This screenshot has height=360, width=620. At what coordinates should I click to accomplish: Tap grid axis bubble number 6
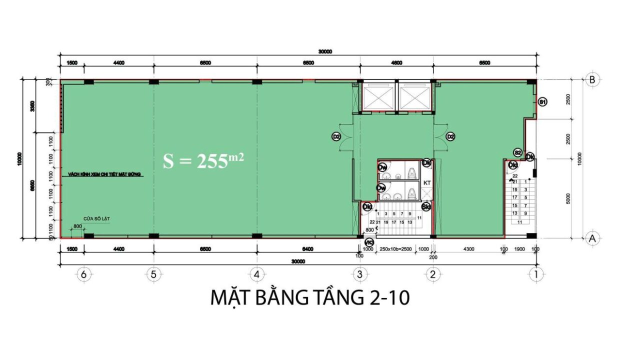[x=84, y=274]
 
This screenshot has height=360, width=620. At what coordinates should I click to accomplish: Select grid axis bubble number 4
[x=256, y=274]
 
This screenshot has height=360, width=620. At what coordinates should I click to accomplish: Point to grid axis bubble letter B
[x=592, y=79]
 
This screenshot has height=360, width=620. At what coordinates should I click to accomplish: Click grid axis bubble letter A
[x=592, y=238]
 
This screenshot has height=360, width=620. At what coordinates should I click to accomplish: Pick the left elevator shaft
[x=378, y=96]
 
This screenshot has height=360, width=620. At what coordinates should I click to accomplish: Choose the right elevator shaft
[x=414, y=96]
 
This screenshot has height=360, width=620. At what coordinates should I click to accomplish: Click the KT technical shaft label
[x=427, y=183]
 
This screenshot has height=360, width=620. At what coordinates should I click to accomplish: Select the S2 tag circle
[x=518, y=152]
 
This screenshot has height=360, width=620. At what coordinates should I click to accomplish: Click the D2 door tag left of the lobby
[x=336, y=136]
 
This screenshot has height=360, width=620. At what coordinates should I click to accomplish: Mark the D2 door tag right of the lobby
[x=450, y=136]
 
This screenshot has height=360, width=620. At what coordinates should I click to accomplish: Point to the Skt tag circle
[x=426, y=206]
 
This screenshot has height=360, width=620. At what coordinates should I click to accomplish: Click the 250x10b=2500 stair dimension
[x=395, y=248]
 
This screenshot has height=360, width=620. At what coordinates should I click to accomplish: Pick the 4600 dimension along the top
[x=396, y=62]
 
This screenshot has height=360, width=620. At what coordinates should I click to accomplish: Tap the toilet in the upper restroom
[x=412, y=172]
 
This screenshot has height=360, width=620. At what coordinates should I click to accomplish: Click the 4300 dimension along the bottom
[x=468, y=248]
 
